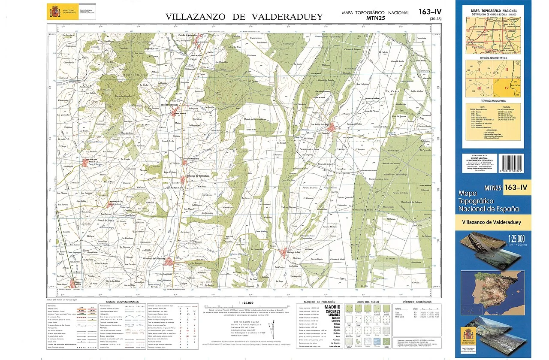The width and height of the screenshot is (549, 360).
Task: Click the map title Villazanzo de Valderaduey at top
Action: [x=244, y=17]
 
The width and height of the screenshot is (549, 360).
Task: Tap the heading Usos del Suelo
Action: [x=367, y=302]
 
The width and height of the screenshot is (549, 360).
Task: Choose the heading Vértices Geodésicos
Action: [x=412, y=302]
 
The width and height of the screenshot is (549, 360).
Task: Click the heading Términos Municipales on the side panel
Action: [x=494, y=100]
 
